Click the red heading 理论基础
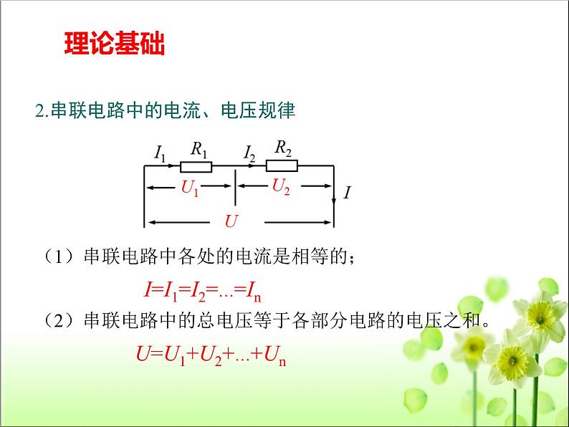coord(115,44)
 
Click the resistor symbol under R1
coord(196,167)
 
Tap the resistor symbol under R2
coord(282,166)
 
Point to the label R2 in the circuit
coord(284,148)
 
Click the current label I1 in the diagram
coord(160,153)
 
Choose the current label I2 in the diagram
coord(249,153)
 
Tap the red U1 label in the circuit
coord(190,189)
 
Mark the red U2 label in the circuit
coord(281,187)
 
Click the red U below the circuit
coord(231,221)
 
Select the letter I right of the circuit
coord(347,192)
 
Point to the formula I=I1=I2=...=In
coord(200,289)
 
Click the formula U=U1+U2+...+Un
coord(211,353)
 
